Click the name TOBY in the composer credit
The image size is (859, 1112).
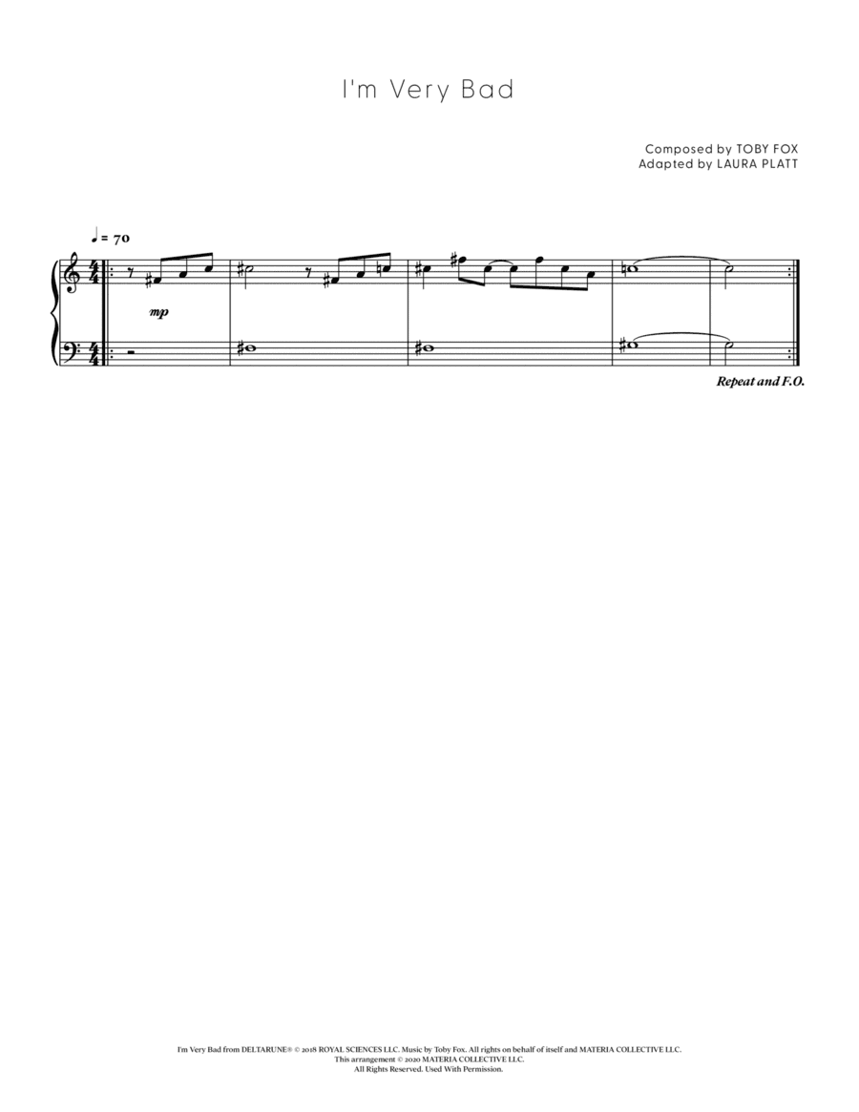click(x=738, y=149)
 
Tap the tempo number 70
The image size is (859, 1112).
click(x=121, y=239)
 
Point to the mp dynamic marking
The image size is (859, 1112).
click(x=159, y=311)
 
